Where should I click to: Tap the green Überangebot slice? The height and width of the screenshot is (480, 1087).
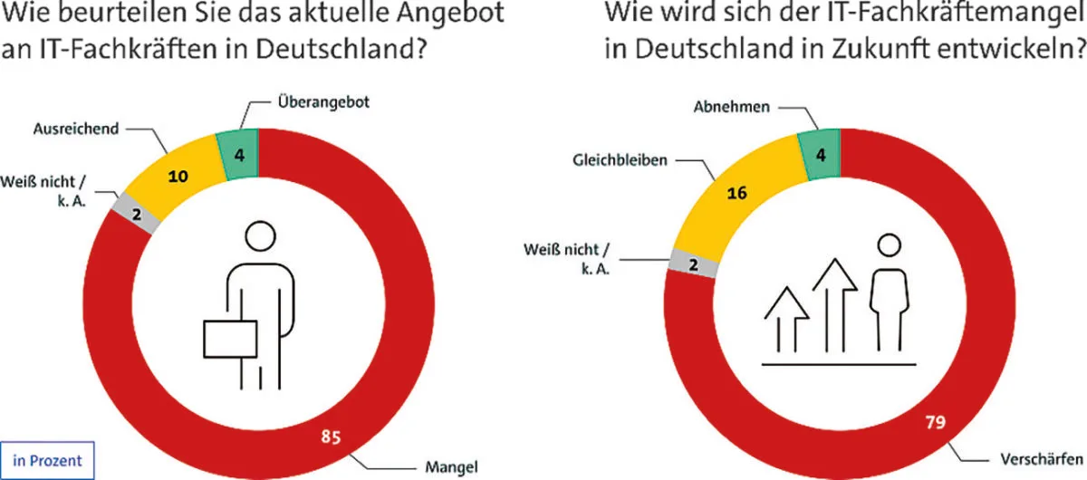point(238,154)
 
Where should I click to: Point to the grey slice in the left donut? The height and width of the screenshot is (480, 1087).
point(138,216)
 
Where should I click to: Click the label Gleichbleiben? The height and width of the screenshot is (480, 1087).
point(619,159)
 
